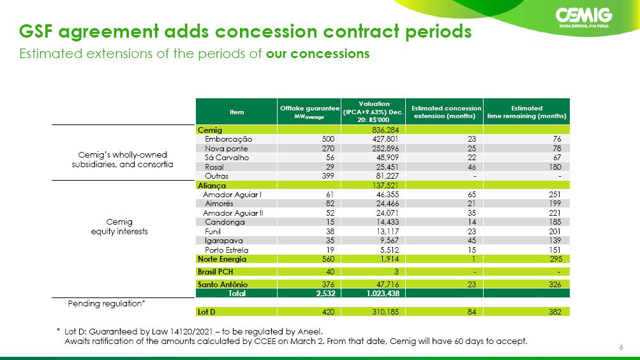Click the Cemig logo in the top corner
click(x=584, y=17)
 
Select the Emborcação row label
click(x=228, y=139)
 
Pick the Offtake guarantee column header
click(x=309, y=112)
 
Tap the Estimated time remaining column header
click(x=526, y=112)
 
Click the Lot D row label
click(x=207, y=312)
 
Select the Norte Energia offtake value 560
click(x=328, y=259)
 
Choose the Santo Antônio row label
click(x=223, y=284)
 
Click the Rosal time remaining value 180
click(x=555, y=167)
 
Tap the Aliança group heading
click(x=211, y=185)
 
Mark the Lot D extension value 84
click(x=472, y=312)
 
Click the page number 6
click(x=621, y=347)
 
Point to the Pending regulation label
click(x=107, y=303)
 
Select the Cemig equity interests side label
click(x=119, y=227)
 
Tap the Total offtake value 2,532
click(x=325, y=293)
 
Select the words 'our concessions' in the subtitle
click(x=318, y=54)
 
